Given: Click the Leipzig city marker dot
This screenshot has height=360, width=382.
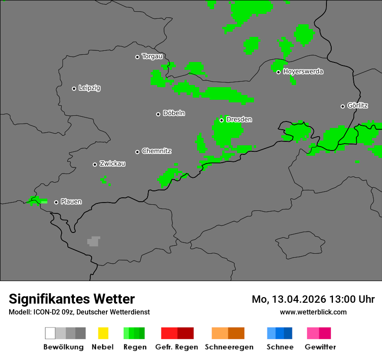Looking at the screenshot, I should tap(74, 88).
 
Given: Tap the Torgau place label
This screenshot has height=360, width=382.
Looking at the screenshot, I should tap(152, 56).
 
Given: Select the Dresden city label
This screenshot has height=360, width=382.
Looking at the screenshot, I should tap(239, 119).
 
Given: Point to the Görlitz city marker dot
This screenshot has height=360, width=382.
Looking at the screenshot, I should tap(342, 106).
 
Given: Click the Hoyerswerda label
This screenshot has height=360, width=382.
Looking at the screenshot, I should tap(303, 72).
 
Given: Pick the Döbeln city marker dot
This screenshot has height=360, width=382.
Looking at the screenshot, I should tap(158, 114).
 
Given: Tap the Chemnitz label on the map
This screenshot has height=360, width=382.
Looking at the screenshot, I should tap(156, 151).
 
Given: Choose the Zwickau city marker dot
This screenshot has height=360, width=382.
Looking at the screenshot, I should tap(95, 164).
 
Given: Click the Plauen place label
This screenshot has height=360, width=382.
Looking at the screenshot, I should tap(71, 202).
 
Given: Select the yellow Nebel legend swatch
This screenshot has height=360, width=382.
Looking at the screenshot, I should tap(103, 333).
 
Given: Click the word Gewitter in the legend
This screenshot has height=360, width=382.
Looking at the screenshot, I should tap(320, 347).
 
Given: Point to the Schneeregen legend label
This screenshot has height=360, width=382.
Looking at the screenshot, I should tap(229, 347).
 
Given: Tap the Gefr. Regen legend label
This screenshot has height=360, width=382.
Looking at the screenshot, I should tap(176, 347).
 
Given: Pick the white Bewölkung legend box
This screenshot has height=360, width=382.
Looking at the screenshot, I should tap(50, 333).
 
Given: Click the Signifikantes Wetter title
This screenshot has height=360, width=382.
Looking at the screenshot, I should tap(72, 299).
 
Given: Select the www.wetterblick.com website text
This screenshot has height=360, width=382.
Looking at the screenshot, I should tap(313, 312).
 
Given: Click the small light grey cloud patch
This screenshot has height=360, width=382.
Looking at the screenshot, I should tap(93, 241).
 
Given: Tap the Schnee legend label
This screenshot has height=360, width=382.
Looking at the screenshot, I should tap(280, 347).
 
